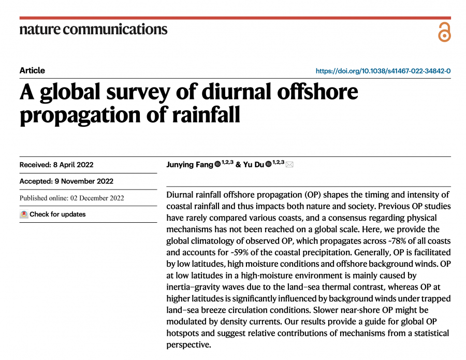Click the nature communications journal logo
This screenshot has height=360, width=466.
(93, 28)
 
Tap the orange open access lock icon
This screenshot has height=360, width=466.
(444, 32)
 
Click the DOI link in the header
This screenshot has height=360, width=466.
(383, 71)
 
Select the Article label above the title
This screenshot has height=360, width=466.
(32, 70)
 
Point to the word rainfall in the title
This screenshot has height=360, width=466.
(202, 114)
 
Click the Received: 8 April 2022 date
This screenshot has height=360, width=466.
(56, 165)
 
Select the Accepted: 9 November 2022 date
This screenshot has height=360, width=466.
(66, 181)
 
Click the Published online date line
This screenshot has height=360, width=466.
(72, 198)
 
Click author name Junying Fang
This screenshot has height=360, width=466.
(190, 165)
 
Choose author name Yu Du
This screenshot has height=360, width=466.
(253, 165)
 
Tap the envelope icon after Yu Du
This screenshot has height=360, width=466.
(289, 165)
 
